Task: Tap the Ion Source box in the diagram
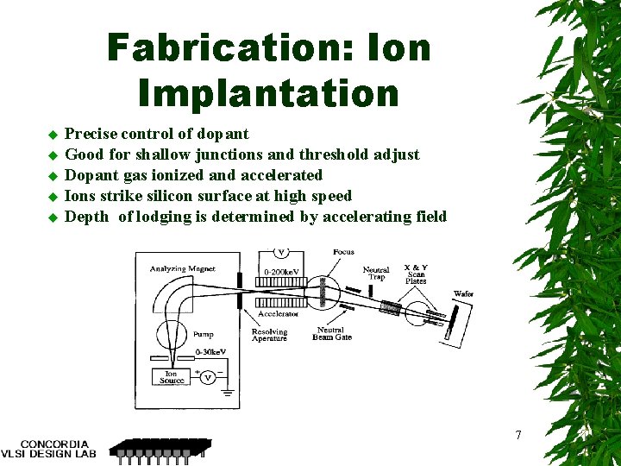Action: pyautogui.click(x=172, y=377)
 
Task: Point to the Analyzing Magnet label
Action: pyautogui.click(x=183, y=269)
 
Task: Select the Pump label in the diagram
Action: pyautogui.click(x=204, y=333)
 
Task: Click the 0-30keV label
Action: pyautogui.click(x=211, y=353)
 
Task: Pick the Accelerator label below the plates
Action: pyautogui.click(x=279, y=314)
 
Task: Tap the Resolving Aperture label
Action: pyautogui.click(x=269, y=335)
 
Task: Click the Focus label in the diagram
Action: pyautogui.click(x=343, y=252)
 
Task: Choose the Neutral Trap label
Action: pyautogui.click(x=376, y=273)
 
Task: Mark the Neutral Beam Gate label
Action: pyautogui.click(x=331, y=333)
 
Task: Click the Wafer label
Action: pyautogui.click(x=463, y=294)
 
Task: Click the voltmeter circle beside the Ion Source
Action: pyautogui.click(x=208, y=377)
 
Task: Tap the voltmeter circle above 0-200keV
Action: pyautogui.click(x=281, y=254)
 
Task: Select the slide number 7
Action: pyautogui.click(x=517, y=435)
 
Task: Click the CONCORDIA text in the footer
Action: pyautogui.click(x=54, y=444)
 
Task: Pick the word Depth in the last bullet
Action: pyautogui.click(x=86, y=217)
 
